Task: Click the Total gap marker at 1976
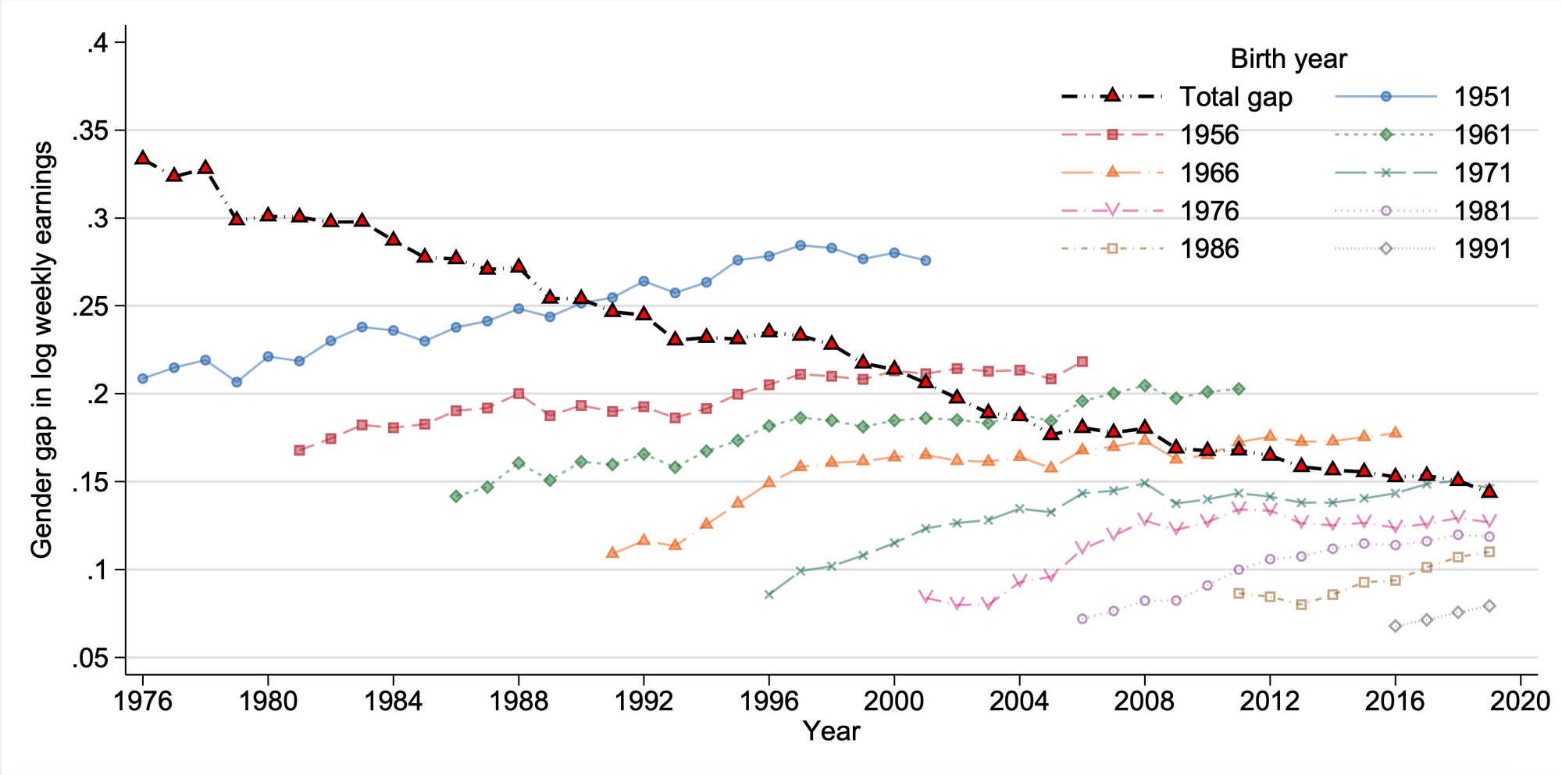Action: pos(142,159)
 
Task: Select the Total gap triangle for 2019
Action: pos(1489,491)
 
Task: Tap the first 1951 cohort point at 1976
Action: pos(142,378)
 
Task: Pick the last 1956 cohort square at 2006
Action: pos(1082,362)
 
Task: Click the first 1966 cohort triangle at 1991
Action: pos(612,553)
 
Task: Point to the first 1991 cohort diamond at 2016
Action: pos(1396,626)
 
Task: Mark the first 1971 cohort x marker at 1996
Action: pos(769,595)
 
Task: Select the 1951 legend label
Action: pos(1482,97)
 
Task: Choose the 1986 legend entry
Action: pos(1209,249)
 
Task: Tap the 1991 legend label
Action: pos(1482,249)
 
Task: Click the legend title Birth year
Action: pos(1289,59)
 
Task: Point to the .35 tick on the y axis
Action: pos(91,130)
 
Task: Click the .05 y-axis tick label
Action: pos(91,659)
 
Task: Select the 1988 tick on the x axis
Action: pos(518,701)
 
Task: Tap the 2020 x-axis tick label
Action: pos(1520,701)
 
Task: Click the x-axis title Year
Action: pos(831,732)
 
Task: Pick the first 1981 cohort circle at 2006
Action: pos(1082,619)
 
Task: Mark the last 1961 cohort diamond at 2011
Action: pos(1239,389)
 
